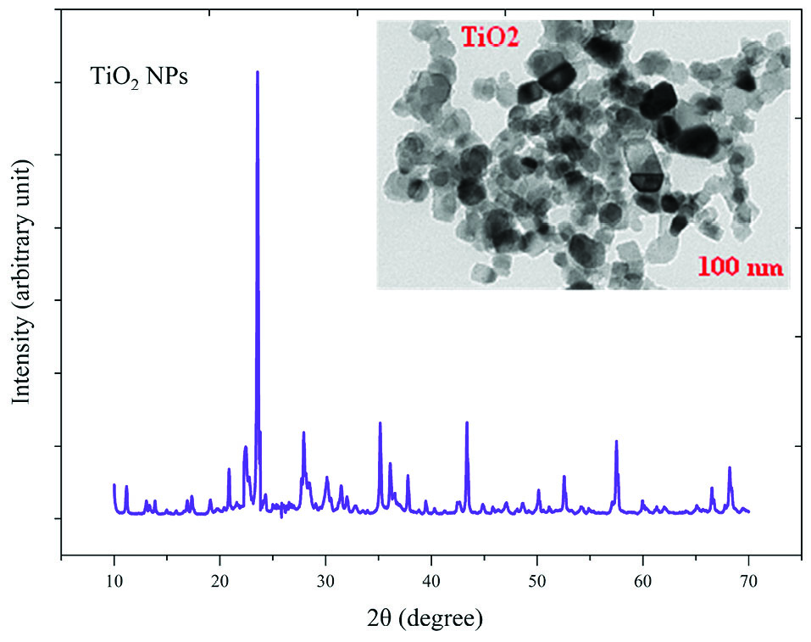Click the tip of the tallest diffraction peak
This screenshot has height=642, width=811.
(x=257, y=72)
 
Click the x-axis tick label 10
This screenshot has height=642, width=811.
(x=114, y=579)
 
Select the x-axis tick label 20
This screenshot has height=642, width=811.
(x=220, y=579)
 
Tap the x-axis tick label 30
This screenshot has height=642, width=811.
(x=326, y=579)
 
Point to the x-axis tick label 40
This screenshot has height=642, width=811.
(x=431, y=579)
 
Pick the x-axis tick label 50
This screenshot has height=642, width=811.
(x=537, y=579)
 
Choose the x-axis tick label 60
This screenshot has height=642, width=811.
(x=643, y=579)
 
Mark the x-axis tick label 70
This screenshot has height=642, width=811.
(x=748, y=579)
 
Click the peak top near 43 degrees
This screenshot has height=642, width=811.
(x=467, y=422)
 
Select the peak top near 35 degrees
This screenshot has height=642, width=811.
(x=380, y=422)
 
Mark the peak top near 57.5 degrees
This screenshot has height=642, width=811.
(x=616, y=441)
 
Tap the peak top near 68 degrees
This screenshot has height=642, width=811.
(x=729, y=467)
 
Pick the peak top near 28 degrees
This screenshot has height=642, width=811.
(x=303, y=433)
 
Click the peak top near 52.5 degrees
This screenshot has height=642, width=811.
(x=564, y=476)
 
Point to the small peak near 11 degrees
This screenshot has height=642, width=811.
(x=126, y=487)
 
